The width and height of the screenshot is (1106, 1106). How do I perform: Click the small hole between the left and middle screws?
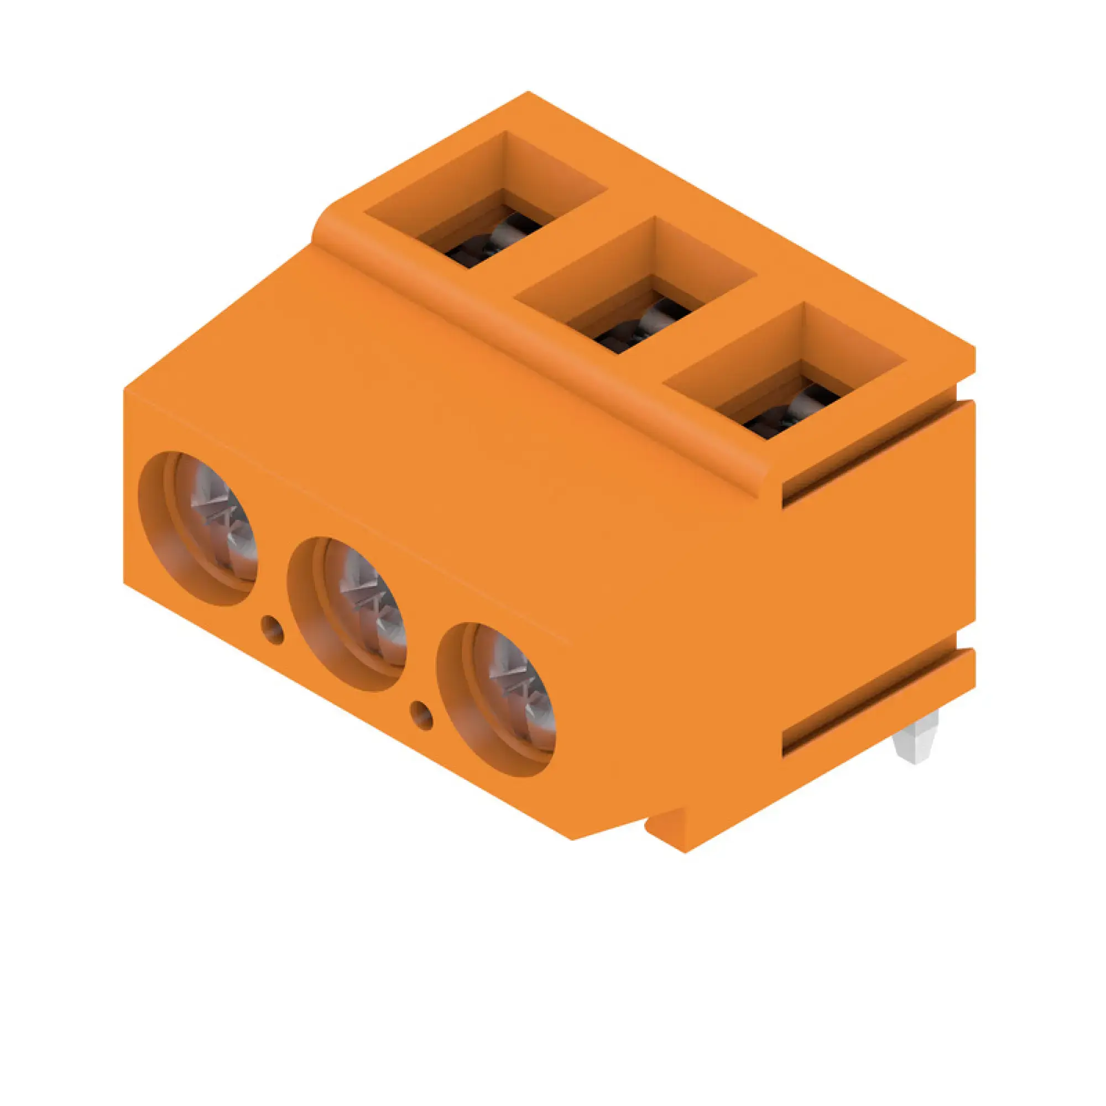click(273, 629)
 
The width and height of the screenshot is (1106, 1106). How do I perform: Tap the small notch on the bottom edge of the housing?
click(664, 825)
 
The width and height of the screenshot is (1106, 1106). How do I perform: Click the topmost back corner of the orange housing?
click(528, 93)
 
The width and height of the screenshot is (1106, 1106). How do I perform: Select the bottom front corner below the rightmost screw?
click(572, 838)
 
